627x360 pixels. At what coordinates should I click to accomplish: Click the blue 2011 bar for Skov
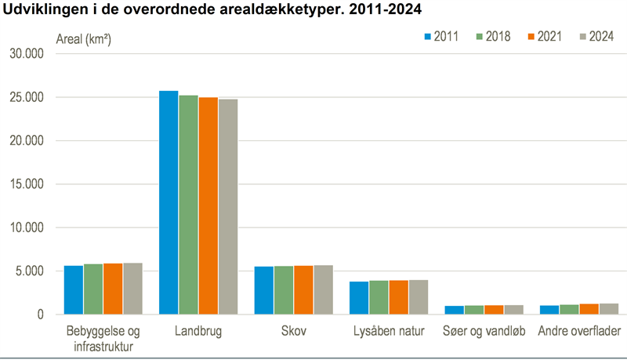(263, 290)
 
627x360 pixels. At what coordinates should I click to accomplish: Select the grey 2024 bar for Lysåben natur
(419, 297)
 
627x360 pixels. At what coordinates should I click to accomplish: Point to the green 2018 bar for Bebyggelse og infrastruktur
(93, 289)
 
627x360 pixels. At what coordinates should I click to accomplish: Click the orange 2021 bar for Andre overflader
(588, 309)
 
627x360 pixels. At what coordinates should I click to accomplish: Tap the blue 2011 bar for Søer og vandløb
(453, 310)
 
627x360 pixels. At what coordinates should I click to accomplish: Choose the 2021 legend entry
(544, 37)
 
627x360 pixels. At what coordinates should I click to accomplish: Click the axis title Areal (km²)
(83, 38)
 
